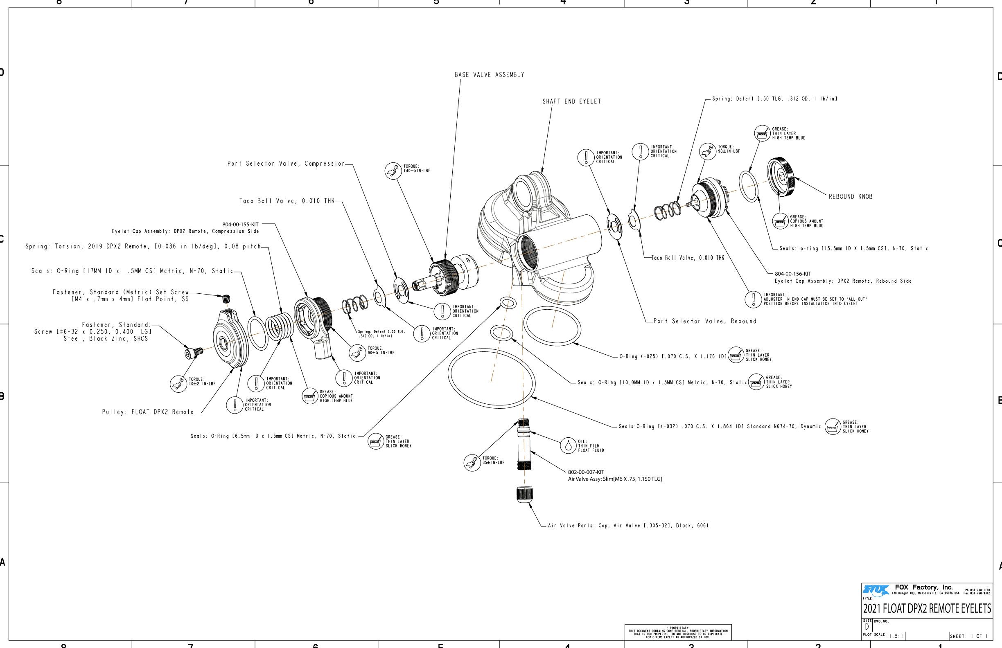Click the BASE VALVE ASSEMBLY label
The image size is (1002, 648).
click(489, 75)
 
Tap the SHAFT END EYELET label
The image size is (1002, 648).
click(571, 101)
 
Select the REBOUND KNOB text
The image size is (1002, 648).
click(851, 196)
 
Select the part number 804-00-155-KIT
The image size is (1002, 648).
click(240, 224)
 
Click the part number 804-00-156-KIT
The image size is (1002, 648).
click(792, 274)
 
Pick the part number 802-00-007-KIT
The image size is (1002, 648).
click(586, 472)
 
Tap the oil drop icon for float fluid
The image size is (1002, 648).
click(568, 445)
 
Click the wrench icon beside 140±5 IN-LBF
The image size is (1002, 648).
click(393, 171)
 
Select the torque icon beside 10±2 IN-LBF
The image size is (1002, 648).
click(178, 384)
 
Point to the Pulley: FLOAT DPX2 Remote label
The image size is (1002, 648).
click(148, 412)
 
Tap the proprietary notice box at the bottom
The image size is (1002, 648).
click(678, 632)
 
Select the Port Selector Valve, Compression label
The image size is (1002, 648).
click(286, 164)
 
